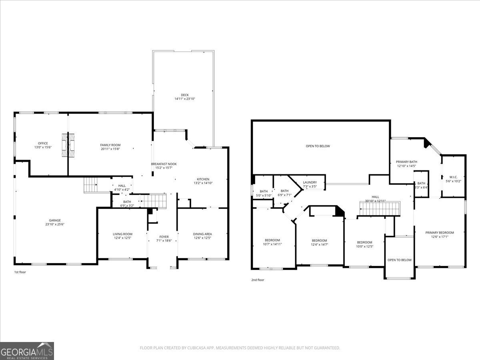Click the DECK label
(184, 95)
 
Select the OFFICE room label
(43, 143)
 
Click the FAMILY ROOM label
(110, 145)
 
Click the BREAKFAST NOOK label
(164, 164)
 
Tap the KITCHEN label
(203, 179)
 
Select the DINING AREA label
(202, 234)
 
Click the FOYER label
(164, 236)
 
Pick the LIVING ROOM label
(122, 234)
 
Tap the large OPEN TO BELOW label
(318, 146)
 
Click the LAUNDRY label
(310, 182)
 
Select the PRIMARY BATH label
(406, 162)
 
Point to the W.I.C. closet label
(453, 177)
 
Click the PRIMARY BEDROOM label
(440, 232)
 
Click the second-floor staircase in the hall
(380, 209)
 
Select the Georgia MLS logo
(27, 351)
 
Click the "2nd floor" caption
(258, 280)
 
